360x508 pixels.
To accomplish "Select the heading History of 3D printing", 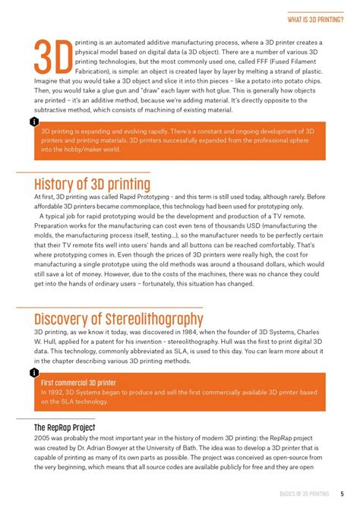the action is point(92,185).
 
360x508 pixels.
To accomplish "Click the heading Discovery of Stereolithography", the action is point(118,319).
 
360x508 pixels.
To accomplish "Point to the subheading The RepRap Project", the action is point(64,428).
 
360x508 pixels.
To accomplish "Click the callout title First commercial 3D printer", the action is point(79,383).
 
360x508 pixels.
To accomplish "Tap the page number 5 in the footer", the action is point(343,494).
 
